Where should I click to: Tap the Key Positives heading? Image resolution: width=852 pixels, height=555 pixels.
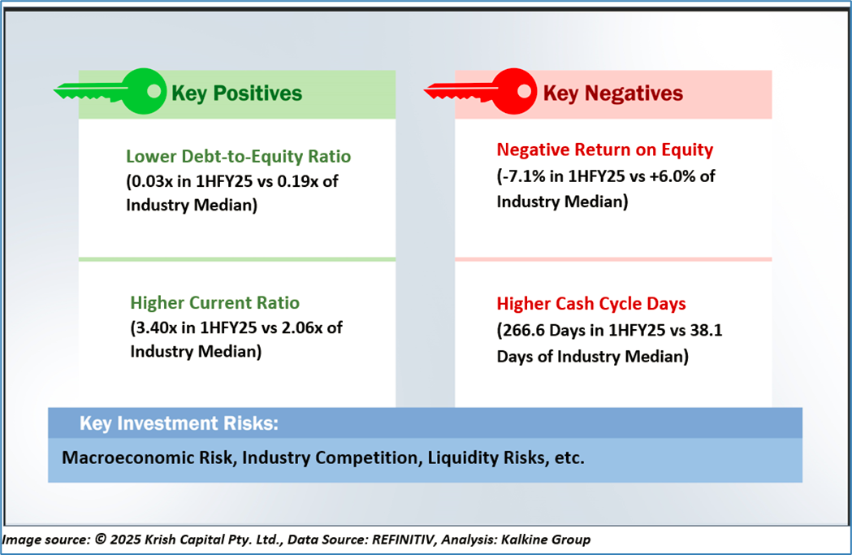pos(236,93)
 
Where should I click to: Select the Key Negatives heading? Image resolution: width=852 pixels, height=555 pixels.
pos(612,93)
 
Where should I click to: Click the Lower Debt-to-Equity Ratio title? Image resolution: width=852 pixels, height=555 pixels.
pos(239,156)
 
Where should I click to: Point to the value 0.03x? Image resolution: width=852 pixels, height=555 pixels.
pos(151,180)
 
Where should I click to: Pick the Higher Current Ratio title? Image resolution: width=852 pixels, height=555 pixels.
pos(214,303)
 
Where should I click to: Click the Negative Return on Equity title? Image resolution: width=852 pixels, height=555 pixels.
pos(604,150)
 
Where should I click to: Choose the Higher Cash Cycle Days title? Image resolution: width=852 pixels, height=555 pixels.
pos(591,304)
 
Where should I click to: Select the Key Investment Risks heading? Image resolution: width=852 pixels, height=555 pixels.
pos(179,423)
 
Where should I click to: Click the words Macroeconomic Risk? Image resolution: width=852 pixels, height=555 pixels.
pos(146,457)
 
